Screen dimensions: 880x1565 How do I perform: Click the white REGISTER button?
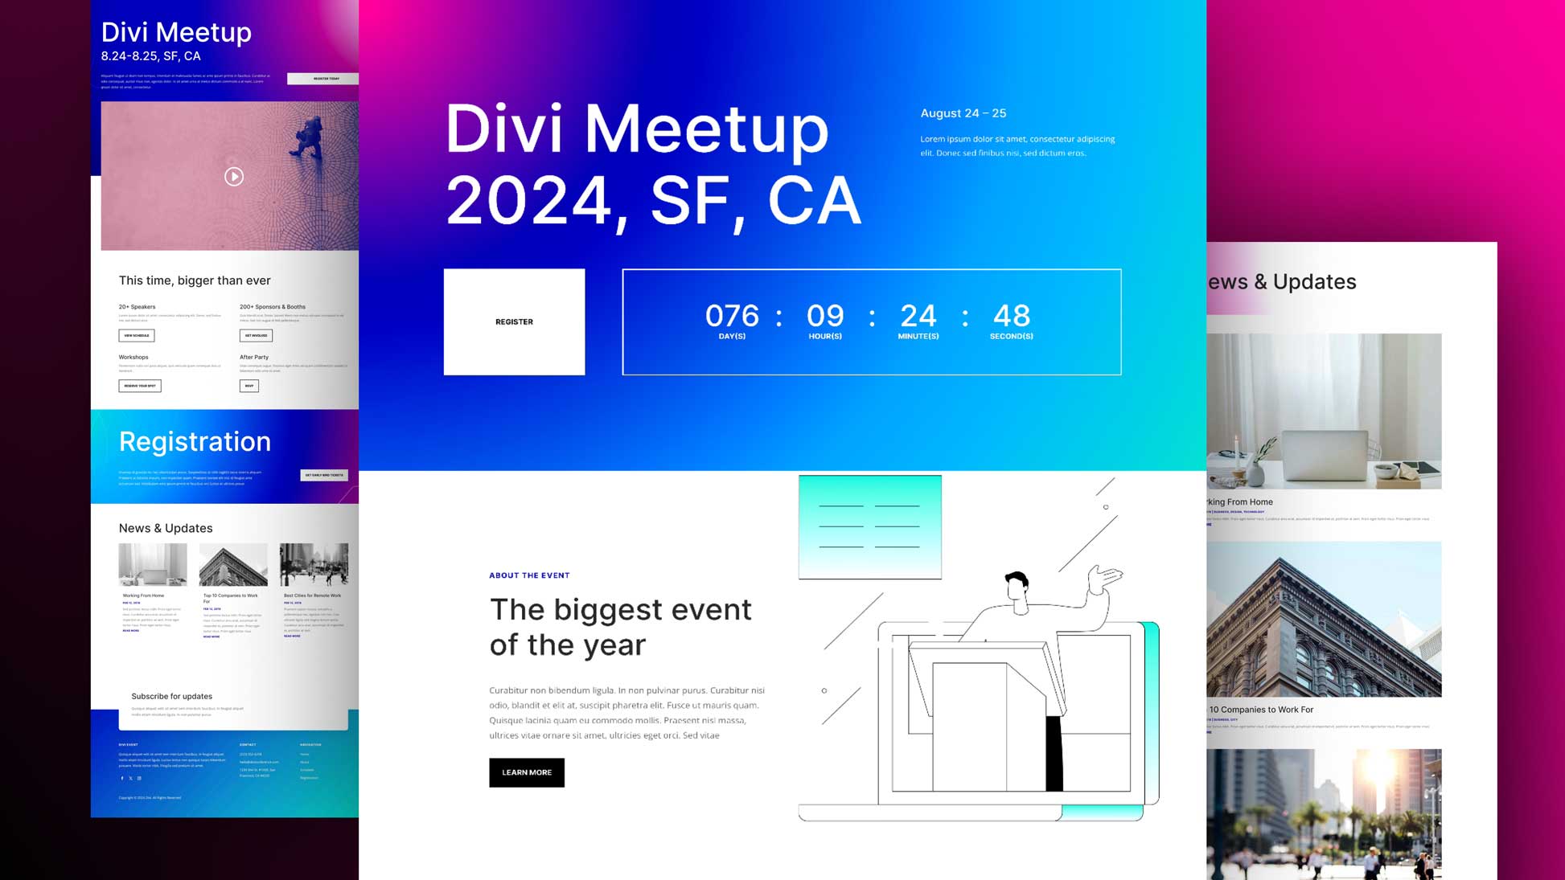(x=514, y=321)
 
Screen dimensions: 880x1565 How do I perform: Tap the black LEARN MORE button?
(x=527, y=772)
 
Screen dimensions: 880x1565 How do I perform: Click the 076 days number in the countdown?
(x=732, y=316)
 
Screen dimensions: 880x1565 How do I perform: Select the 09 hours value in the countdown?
(x=825, y=316)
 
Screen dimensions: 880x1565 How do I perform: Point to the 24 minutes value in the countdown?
(x=918, y=316)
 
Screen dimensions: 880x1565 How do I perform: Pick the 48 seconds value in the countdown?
(x=1012, y=316)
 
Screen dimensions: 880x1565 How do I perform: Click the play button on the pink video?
(x=234, y=177)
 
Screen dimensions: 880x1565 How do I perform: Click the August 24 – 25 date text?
(x=963, y=113)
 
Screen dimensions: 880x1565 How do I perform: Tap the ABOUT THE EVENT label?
(x=529, y=575)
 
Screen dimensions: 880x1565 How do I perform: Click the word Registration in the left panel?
(x=195, y=441)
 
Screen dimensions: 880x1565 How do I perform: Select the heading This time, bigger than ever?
(x=195, y=280)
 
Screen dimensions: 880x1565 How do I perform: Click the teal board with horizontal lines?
(x=869, y=526)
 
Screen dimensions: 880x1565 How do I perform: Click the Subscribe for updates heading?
(x=171, y=697)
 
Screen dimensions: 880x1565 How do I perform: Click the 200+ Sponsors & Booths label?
(x=273, y=307)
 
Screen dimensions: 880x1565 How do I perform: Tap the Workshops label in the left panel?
(x=133, y=358)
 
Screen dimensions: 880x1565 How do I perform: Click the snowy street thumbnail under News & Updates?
(x=314, y=564)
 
